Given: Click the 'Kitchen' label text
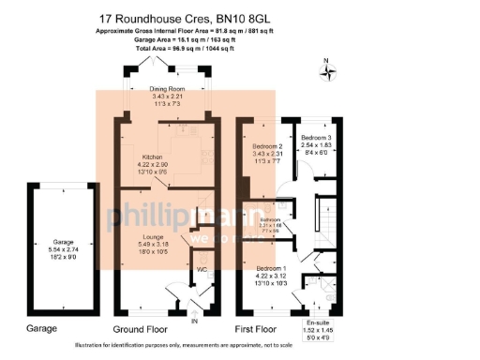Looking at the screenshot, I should pyautogui.click(x=153, y=157).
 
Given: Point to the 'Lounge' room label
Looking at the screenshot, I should pyautogui.click(x=155, y=237).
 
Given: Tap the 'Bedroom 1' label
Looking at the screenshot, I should pyautogui.click(x=272, y=268).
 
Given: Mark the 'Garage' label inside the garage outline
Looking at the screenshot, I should pyautogui.click(x=62, y=241).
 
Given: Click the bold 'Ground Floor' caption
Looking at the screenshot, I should pyautogui.click(x=140, y=329).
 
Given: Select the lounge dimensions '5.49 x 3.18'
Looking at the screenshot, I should pyautogui.click(x=155, y=245).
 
